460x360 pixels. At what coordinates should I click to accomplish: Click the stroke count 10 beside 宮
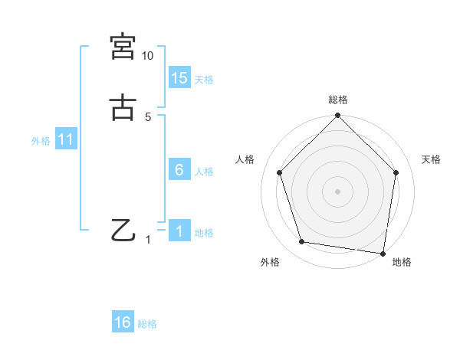click(x=148, y=56)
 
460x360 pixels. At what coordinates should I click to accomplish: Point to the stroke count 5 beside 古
click(x=148, y=117)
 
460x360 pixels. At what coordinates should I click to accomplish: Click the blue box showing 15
click(x=179, y=78)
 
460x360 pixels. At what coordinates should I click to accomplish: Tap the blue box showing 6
click(x=179, y=170)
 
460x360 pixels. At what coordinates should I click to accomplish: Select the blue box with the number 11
click(x=66, y=140)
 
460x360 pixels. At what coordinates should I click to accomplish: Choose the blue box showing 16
click(x=123, y=322)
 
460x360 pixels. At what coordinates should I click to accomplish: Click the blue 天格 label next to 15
click(x=204, y=80)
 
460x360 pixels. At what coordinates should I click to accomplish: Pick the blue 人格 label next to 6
click(x=204, y=172)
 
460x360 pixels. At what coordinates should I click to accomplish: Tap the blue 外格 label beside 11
click(x=41, y=141)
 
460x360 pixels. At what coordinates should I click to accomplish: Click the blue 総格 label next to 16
click(x=147, y=324)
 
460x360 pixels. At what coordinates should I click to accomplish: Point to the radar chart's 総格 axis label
click(x=338, y=100)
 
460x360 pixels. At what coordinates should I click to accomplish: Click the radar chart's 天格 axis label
click(x=432, y=159)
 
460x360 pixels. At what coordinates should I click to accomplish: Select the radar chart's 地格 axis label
click(x=402, y=263)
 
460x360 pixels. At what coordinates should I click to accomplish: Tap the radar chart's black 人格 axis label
click(x=245, y=159)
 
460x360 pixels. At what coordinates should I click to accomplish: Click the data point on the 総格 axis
click(x=338, y=117)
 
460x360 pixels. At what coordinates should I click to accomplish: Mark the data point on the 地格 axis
click(x=383, y=252)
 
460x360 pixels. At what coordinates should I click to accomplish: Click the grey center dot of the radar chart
click(x=338, y=191)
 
